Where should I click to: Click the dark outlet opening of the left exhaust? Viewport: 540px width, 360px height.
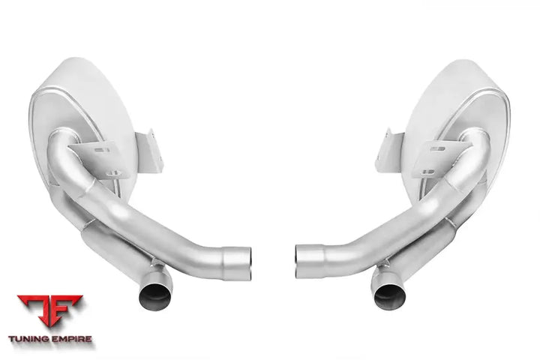tap(154, 297)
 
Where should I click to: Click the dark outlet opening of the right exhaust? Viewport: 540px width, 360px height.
tap(390, 297)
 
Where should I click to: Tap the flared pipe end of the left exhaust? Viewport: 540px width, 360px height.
tap(237, 263)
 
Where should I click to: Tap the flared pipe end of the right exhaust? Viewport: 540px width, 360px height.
tap(310, 262)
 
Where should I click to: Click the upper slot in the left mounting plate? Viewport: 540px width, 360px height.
tap(102, 150)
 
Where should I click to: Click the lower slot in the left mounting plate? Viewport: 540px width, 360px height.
tap(114, 173)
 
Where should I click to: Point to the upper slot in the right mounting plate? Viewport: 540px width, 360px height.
tap(437, 149)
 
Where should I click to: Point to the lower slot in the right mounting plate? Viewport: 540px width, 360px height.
tap(428, 171)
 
